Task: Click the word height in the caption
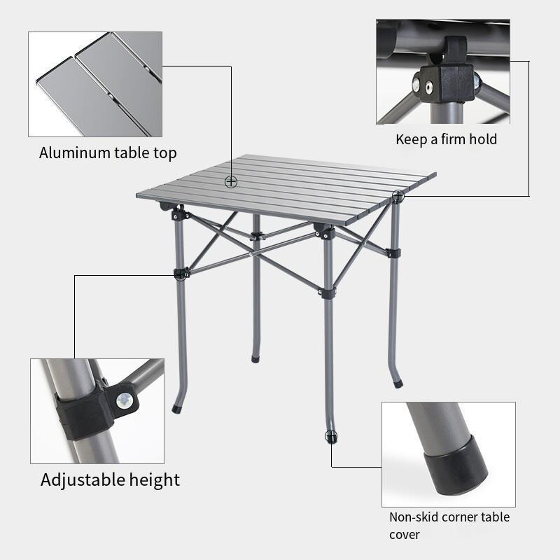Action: (x=155, y=479)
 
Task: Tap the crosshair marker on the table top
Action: (x=231, y=182)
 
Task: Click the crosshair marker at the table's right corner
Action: (x=398, y=196)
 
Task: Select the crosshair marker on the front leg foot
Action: (x=331, y=436)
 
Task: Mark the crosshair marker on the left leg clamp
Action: (x=181, y=274)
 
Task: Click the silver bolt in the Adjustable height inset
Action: (x=125, y=400)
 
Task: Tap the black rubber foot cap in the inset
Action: (x=456, y=464)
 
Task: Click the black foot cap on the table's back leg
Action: (x=255, y=359)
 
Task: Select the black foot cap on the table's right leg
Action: (x=398, y=384)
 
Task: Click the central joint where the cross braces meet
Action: (x=252, y=253)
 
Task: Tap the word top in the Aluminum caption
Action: (x=165, y=153)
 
